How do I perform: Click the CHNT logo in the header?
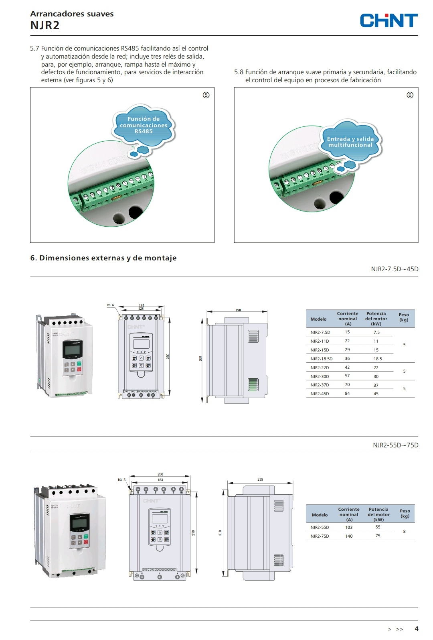click(388, 20)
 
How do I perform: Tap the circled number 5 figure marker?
click(206, 95)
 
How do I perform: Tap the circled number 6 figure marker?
click(410, 95)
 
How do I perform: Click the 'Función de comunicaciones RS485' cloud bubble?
click(144, 125)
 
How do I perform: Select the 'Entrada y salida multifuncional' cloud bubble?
click(350, 142)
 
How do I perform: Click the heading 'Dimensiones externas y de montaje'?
click(103, 258)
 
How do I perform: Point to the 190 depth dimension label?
click(238, 310)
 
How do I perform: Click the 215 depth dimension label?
click(260, 479)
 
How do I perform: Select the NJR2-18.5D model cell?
click(321, 359)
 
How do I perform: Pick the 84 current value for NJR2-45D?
click(347, 394)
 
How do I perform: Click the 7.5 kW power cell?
click(376, 332)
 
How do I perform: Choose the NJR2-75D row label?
click(320, 536)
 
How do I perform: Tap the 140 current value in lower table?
click(349, 536)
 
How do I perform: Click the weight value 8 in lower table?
click(404, 531)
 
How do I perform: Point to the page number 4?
click(417, 629)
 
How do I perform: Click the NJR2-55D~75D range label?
click(395, 445)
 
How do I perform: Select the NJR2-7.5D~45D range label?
click(395, 269)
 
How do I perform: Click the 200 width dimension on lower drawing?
click(160, 474)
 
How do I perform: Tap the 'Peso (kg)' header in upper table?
click(404, 317)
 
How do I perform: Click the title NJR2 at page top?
click(45, 26)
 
